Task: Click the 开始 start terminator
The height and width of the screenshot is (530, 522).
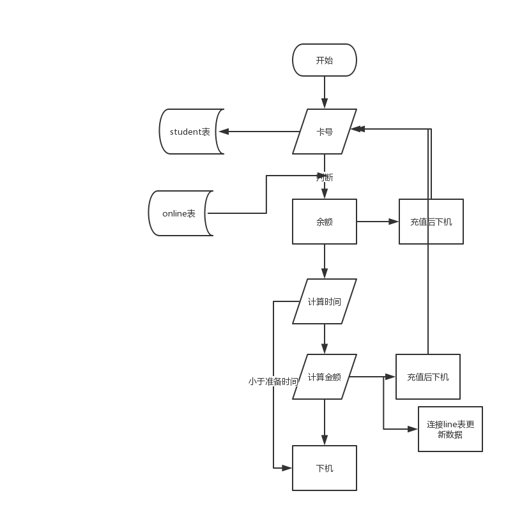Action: pos(324,61)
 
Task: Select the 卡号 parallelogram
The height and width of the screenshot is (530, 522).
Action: pos(324,132)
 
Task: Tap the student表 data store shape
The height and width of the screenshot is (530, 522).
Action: pos(190,132)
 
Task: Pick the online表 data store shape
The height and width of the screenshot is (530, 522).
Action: pos(179,213)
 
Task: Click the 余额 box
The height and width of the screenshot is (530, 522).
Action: pos(324,222)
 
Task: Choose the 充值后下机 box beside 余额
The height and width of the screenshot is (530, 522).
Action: pos(431,222)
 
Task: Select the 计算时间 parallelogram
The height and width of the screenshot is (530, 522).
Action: pos(324,301)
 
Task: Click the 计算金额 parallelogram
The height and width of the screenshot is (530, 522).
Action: pos(324,377)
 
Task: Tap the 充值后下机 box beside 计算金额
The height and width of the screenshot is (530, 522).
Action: pos(427,377)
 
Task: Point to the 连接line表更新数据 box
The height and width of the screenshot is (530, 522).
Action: pos(450,429)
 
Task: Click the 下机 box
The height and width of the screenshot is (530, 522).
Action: pos(324,468)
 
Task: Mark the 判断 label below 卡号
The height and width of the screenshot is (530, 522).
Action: pos(325,178)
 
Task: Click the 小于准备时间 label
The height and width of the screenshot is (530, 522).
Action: pos(273,381)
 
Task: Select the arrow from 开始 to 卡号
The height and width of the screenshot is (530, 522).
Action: pos(325,93)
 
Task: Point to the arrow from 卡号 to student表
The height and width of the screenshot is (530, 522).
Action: pos(259,132)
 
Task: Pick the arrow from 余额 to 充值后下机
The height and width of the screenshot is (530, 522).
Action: pos(378,222)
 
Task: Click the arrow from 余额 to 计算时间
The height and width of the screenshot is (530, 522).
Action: pos(325,261)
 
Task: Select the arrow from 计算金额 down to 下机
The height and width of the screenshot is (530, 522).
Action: pos(325,422)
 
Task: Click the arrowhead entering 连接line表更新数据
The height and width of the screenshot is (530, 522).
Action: pos(413,429)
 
